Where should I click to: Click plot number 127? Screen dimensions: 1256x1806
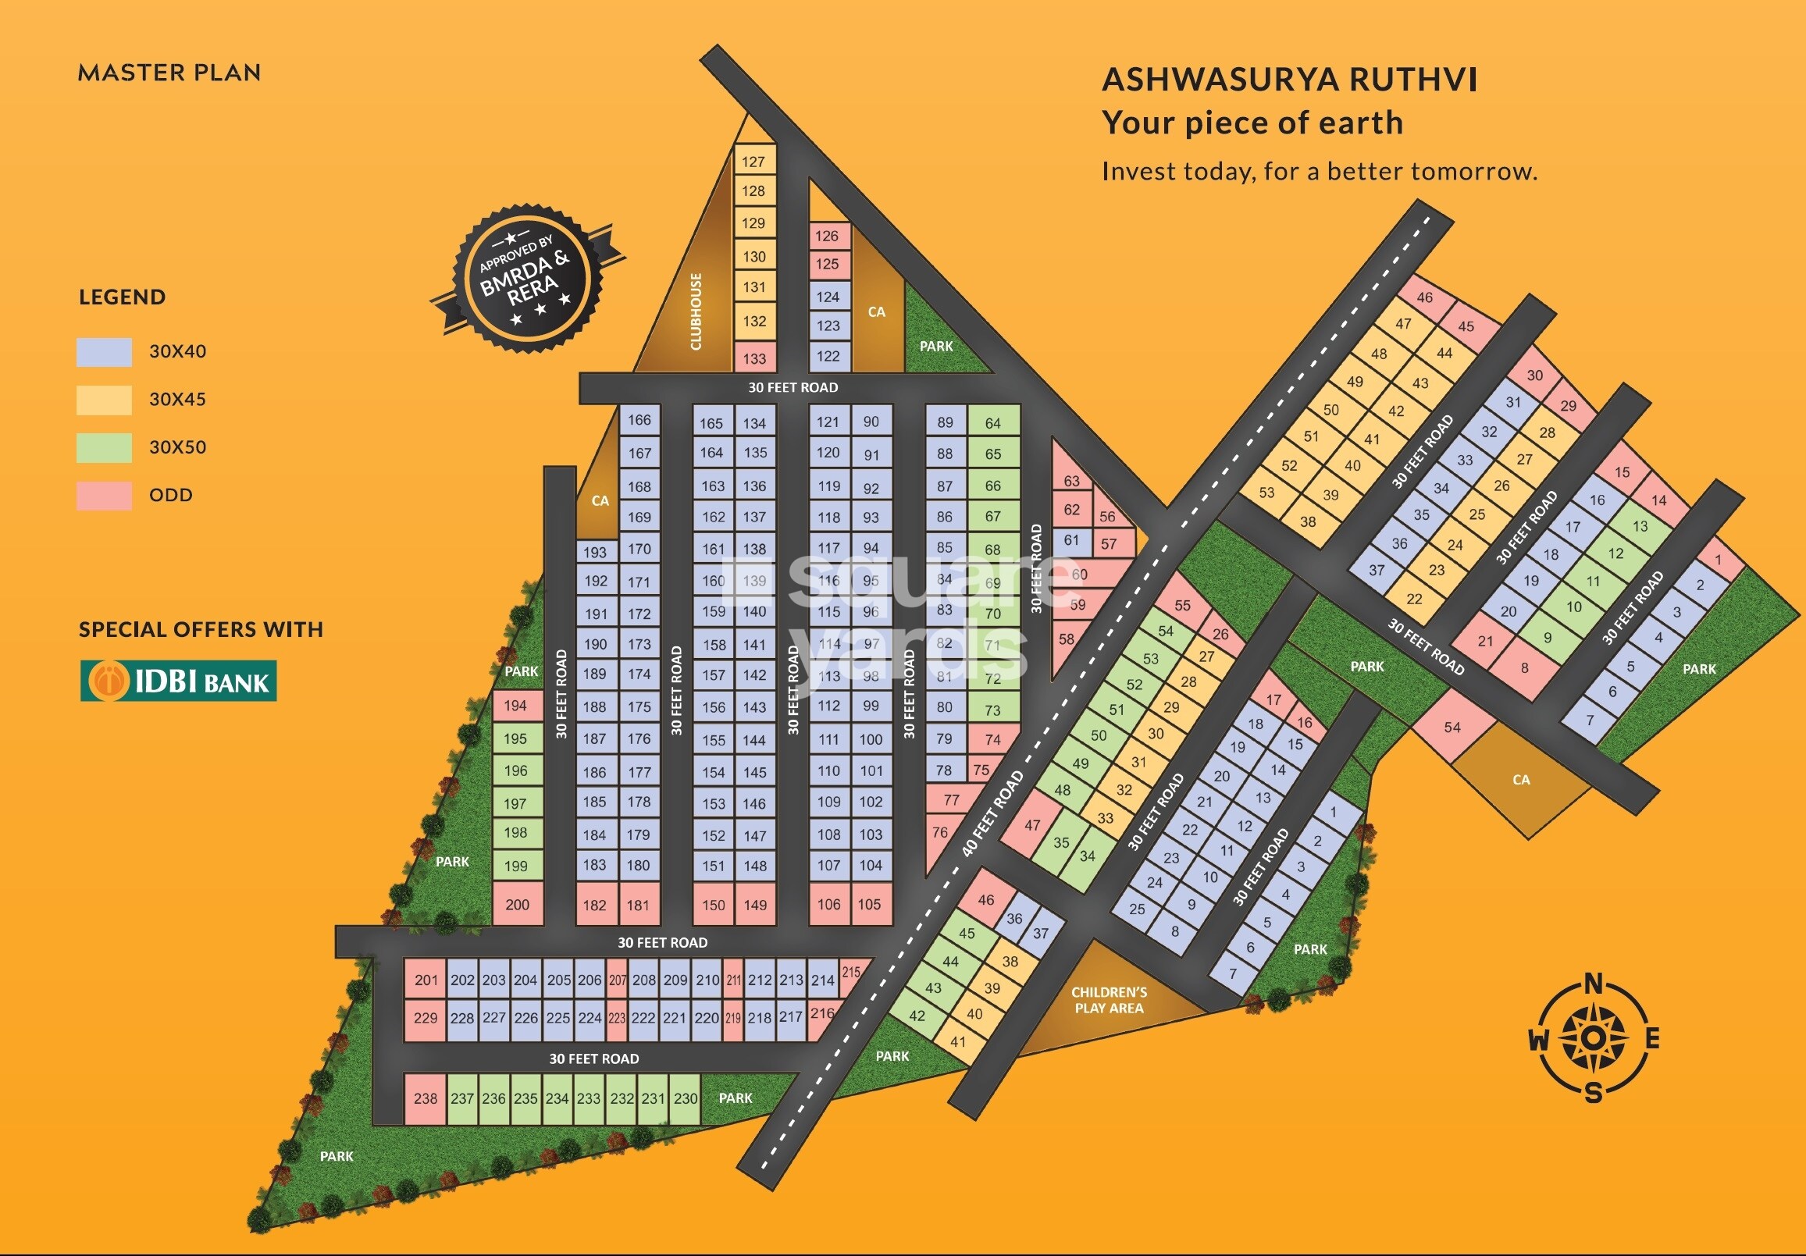(x=753, y=162)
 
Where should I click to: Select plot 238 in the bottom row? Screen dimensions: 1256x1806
(x=426, y=1098)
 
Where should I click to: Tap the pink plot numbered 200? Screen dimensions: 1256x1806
(x=517, y=905)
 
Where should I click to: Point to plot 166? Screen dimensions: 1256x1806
(x=639, y=420)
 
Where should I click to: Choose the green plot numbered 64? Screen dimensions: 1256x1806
(x=992, y=423)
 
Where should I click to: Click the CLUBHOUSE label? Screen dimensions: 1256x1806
(x=696, y=311)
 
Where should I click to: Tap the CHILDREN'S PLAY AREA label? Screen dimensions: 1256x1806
(x=1109, y=1000)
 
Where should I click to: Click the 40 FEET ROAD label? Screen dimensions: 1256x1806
(x=992, y=813)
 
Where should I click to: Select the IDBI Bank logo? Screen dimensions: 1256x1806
(x=179, y=680)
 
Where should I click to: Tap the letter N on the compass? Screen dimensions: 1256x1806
(x=1594, y=984)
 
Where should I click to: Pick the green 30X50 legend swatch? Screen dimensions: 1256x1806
(x=104, y=447)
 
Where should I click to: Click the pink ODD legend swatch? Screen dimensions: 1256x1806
(x=104, y=496)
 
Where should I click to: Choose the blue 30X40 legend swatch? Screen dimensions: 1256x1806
(x=104, y=351)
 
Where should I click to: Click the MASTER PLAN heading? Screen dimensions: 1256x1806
(x=169, y=73)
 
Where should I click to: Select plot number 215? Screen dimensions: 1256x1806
(x=851, y=972)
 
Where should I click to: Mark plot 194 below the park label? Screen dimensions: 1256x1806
(x=516, y=706)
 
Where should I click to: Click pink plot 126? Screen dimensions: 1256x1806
(x=827, y=236)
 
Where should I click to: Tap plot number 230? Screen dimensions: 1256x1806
(x=685, y=1098)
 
